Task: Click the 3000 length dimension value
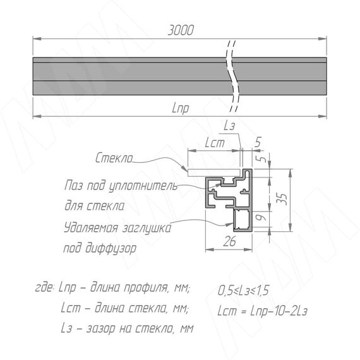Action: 181,30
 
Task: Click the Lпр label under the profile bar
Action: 181,108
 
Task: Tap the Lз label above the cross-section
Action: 229,126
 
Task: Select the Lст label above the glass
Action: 215,143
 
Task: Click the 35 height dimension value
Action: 284,199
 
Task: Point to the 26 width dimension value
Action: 229,241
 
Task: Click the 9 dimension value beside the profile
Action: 263,217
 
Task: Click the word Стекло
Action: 114,158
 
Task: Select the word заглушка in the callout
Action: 147,229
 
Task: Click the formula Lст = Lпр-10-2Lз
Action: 262,311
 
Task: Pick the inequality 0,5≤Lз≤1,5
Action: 243,291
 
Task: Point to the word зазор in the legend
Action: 100,329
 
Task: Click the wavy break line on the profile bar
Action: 233,76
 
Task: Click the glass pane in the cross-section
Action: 215,173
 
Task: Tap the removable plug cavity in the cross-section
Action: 243,220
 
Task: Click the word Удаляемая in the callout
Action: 91,228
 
